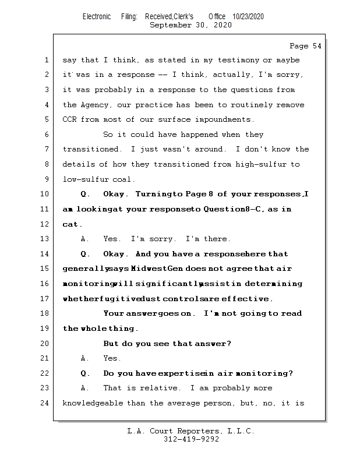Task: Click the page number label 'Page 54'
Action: coord(305,45)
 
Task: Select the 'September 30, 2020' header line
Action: coord(190,25)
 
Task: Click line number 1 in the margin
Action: coord(45,60)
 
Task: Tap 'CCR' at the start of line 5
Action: coord(70,119)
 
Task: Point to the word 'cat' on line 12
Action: coord(71,224)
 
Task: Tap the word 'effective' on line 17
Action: coord(246,299)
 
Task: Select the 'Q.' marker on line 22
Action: coord(86,373)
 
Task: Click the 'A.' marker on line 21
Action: coord(85,358)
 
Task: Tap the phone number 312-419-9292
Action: coord(191,439)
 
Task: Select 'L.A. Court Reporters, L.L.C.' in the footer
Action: coord(191,431)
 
